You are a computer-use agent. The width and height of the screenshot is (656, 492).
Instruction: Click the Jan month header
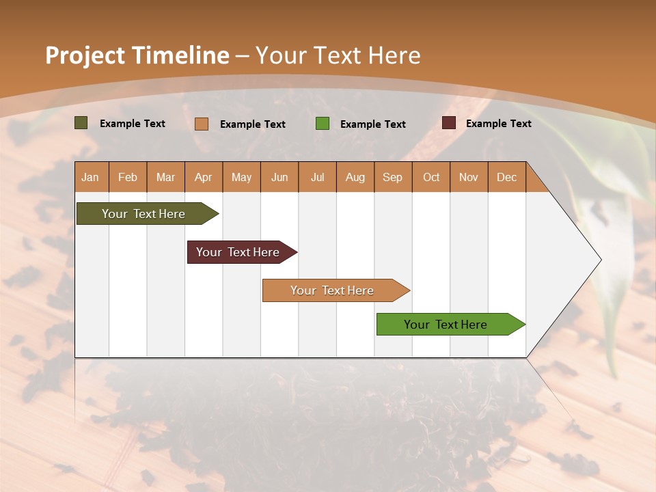point(90,177)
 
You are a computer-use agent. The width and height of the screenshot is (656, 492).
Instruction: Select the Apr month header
point(203,177)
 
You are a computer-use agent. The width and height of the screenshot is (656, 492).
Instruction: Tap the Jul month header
point(317,177)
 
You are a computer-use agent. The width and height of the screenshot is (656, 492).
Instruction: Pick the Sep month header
point(392,177)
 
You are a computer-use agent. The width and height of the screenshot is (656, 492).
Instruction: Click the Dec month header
point(506,177)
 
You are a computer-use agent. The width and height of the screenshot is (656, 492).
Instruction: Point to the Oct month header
point(430,177)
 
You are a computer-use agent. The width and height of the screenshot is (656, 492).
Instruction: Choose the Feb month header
point(128,177)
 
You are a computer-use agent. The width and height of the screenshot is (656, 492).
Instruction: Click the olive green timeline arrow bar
point(143,214)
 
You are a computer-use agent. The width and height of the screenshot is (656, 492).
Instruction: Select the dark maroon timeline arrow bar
point(238,252)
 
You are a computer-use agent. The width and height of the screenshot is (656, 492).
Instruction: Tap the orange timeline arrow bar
point(332,290)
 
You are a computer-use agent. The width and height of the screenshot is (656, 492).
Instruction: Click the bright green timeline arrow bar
point(446,325)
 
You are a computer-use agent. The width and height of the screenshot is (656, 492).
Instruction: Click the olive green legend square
point(81,123)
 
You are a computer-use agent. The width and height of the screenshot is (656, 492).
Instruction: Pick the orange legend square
point(202,124)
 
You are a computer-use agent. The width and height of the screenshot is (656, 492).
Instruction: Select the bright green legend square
point(323,124)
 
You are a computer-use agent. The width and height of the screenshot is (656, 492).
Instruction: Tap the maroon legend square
point(449,123)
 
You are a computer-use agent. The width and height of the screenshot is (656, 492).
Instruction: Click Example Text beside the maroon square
point(498,123)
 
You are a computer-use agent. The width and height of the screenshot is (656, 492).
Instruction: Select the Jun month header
point(279,177)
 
